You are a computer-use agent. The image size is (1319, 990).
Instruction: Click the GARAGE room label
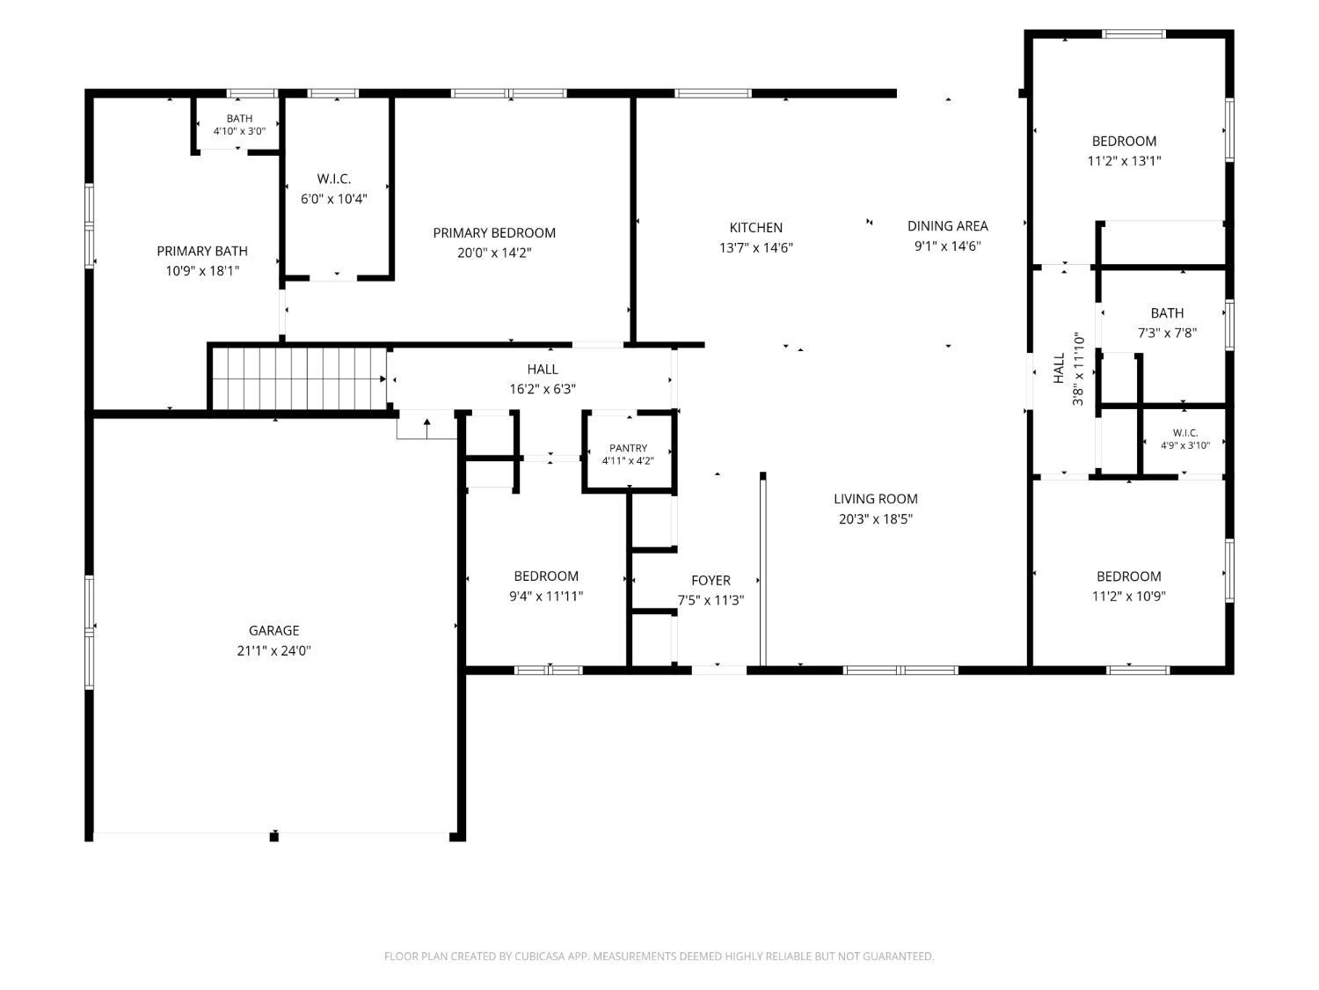point(274,630)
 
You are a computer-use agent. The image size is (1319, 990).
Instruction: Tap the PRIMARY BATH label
point(202,251)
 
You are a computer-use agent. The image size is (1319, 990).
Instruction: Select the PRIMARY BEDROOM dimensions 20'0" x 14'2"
point(494,253)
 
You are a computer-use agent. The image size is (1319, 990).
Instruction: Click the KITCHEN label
point(756,227)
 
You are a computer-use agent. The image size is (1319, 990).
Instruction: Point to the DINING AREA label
point(948,226)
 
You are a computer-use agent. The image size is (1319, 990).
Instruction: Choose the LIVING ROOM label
point(876,498)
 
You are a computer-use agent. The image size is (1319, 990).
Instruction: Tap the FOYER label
point(711,580)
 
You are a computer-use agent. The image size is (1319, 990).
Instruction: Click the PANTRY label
point(628,448)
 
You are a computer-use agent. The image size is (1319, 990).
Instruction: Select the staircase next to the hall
point(300,378)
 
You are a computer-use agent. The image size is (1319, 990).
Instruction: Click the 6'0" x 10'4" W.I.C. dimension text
point(333,198)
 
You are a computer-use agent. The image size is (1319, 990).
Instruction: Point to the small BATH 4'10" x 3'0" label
point(239,124)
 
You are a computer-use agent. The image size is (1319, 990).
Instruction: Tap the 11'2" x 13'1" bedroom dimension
point(1124,160)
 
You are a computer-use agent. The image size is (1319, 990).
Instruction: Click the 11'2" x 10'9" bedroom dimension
point(1128,596)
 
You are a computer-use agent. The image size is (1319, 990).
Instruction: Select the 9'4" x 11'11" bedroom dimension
point(546,596)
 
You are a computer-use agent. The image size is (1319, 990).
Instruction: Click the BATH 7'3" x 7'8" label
point(1167,323)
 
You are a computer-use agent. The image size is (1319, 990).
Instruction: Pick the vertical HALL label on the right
point(1059,368)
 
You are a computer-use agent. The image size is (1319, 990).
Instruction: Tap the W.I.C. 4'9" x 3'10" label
point(1185,439)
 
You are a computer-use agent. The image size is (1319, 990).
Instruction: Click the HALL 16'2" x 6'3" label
point(542,378)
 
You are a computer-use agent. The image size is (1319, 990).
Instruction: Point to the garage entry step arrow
point(426,429)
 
